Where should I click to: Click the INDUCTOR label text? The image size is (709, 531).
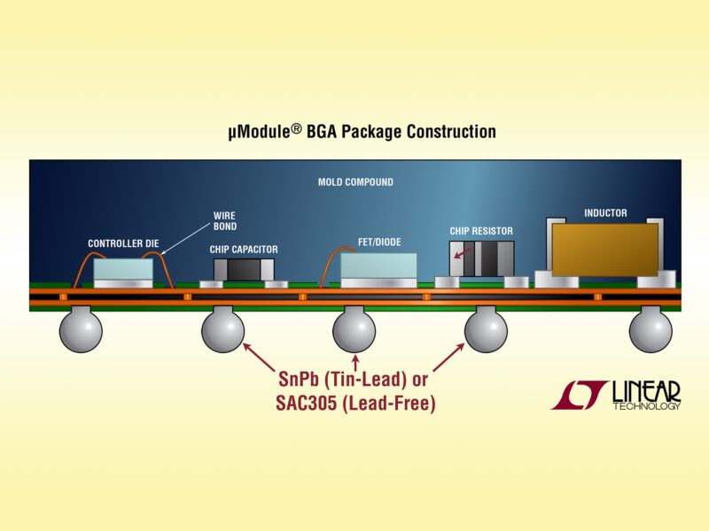(605, 213)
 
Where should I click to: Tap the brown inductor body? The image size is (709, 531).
(604, 248)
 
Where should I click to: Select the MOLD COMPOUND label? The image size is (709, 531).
(355, 182)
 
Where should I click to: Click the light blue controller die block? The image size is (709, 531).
(123, 269)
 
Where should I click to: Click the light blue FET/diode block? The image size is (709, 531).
(378, 265)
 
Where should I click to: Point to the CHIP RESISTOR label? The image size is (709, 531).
(481, 231)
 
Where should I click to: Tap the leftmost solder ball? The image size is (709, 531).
(81, 331)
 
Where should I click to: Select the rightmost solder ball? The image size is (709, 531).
(651, 331)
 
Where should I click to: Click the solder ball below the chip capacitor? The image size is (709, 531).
(222, 331)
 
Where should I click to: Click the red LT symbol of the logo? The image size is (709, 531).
(579, 395)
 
